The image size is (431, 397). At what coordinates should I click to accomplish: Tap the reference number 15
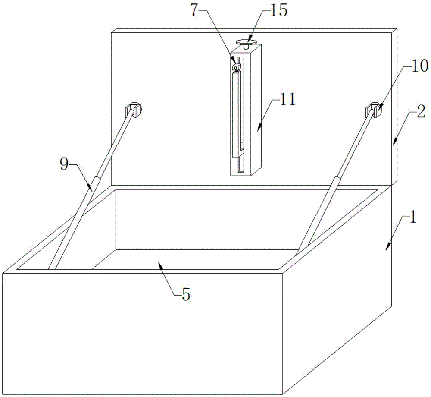278,11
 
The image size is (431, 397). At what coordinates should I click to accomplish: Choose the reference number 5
186,295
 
